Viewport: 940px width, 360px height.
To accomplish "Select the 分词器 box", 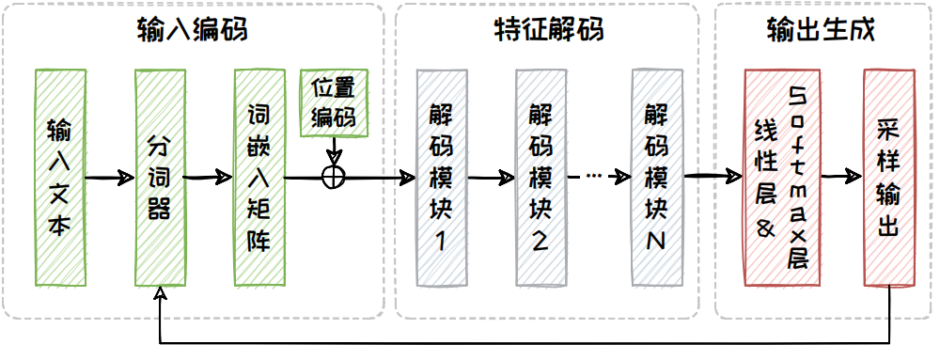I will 159,177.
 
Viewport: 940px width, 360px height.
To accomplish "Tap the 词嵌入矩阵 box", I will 258,177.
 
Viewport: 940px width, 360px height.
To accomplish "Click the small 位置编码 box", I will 334,102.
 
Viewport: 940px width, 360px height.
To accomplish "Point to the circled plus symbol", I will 334,177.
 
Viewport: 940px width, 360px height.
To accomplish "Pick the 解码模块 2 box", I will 540,177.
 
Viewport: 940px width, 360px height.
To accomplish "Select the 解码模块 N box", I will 657,177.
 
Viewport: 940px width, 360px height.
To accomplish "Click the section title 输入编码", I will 193,30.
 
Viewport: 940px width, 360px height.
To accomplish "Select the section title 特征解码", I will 547,30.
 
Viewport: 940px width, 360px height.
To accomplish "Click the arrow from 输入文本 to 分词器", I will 111,178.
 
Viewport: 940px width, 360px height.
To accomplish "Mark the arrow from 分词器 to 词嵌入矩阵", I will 209,177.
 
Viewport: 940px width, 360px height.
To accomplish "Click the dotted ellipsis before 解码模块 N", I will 593,176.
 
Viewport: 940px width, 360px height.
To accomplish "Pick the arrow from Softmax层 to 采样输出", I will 842,177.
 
